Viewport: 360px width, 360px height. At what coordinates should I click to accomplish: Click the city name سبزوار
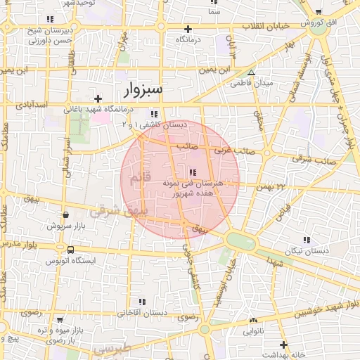click(x=143, y=89)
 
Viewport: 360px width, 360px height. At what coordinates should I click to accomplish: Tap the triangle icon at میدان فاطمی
click(x=251, y=72)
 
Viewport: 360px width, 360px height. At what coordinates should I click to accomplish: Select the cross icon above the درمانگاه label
click(x=188, y=29)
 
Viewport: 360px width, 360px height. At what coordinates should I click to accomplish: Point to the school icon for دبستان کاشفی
click(x=154, y=114)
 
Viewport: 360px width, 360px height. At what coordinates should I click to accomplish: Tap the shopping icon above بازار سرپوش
click(x=65, y=215)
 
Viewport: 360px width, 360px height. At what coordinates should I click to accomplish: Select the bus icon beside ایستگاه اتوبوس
click(x=70, y=250)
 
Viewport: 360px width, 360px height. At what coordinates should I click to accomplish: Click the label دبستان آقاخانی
click(x=141, y=311)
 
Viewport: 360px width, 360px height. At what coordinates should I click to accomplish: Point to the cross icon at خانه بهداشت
click(x=283, y=345)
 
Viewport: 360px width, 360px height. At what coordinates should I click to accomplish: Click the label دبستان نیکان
click(x=304, y=250)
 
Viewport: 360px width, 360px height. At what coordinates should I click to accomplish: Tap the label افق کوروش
click(x=318, y=23)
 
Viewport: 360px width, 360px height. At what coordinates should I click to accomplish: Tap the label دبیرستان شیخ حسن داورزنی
click(x=49, y=35)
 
